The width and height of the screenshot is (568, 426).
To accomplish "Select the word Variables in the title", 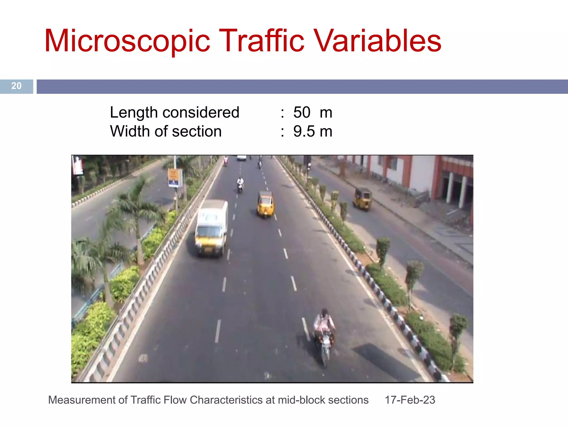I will pos(378,41).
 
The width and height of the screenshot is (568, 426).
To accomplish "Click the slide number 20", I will pos(16,86).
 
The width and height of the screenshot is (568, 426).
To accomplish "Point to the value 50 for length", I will pos(302,112).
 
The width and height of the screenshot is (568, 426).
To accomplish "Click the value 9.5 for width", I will pos(304,131).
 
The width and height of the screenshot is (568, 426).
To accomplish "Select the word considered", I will pos(201,112).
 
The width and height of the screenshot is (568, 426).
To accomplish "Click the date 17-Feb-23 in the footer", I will pos(410,400).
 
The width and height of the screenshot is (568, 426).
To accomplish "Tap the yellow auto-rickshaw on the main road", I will pos(265,204).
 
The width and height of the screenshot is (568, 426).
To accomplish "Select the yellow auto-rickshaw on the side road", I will pos(362,199).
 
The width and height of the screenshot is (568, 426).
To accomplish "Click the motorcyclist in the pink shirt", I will pos(324,324).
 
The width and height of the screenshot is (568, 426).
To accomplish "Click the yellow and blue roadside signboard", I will pos(174,178).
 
